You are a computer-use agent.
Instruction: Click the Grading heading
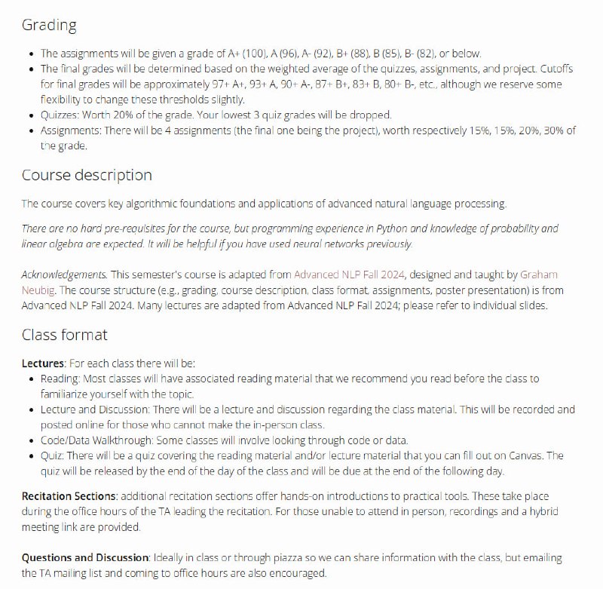[49, 25]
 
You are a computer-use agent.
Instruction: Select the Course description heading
[87, 175]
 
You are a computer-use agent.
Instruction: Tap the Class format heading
[65, 334]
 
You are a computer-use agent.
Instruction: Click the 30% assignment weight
[541, 131]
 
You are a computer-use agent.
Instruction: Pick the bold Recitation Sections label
[69, 496]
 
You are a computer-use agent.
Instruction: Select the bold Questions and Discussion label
[84, 557]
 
